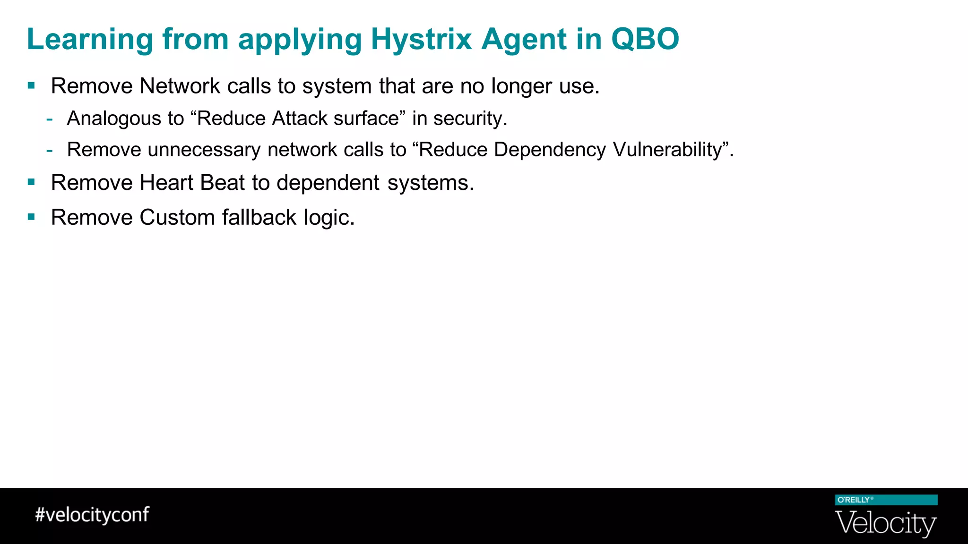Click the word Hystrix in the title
421,39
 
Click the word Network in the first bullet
180,86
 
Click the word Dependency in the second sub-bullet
550,150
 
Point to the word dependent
328,183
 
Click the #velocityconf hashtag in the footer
92,514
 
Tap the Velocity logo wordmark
886,523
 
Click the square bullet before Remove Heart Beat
31,182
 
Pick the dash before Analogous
50,119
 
